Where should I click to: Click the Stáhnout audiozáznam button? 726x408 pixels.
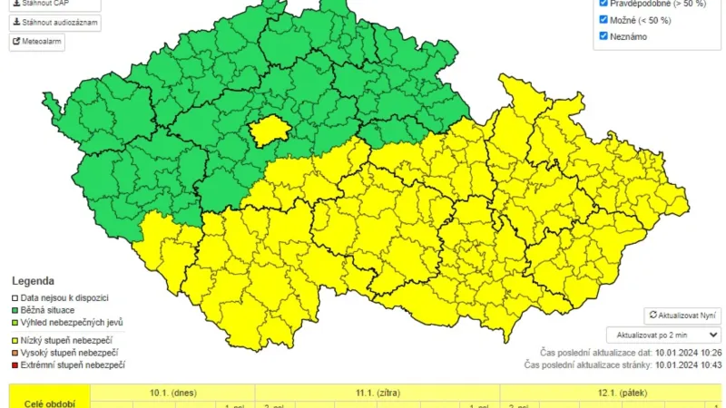[x=55, y=23]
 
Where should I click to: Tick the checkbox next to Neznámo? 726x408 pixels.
[x=604, y=36]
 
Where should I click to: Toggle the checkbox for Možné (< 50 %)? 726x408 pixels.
[x=604, y=19]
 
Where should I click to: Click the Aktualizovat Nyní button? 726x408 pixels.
[x=682, y=316]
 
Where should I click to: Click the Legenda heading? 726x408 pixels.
[x=33, y=281]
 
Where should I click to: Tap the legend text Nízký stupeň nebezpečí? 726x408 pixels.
[x=73, y=339]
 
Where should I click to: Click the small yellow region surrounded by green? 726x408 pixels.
[x=268, y=132]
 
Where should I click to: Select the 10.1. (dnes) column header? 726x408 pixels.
[x=172, y=392]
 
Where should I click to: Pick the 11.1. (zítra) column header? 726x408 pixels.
[x=377, y=392]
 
